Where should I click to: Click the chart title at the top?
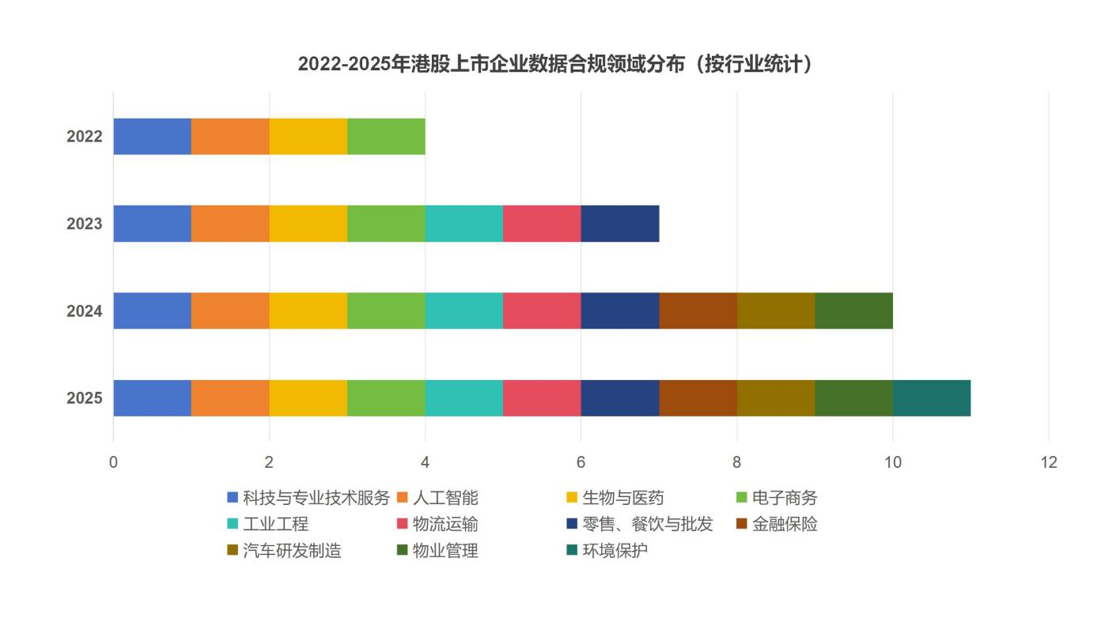click(556, 64)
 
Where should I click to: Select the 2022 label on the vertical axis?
click(85, 137)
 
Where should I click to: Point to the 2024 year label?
click(85, 311)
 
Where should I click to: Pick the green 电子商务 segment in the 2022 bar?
click(386, 137)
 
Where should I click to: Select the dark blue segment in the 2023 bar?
click(620, 224)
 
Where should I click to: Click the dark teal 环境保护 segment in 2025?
click(932, 398)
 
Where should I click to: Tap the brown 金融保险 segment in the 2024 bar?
click(698, 311)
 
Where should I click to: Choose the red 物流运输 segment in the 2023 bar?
click(542, 224)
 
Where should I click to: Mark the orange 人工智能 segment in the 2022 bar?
click(230, 137)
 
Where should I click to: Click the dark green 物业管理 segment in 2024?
click(853, 311)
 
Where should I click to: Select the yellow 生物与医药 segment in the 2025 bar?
click(308, 398)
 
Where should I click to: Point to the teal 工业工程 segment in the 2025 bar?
click(464, 398)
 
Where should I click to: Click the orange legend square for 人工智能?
click(402, 498)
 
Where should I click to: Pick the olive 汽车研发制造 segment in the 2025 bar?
click(776, 398)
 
